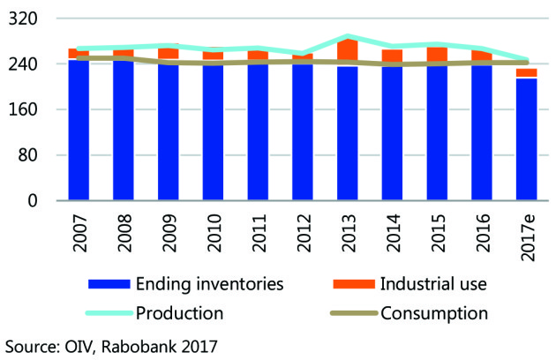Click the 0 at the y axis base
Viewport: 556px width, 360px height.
(42, 201)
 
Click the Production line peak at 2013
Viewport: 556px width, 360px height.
(348, 37)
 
